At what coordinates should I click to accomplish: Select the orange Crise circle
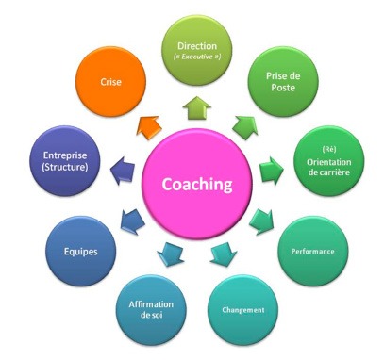[110, 82]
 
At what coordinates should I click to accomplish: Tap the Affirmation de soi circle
[150, 307]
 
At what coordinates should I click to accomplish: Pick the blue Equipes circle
[78, 253]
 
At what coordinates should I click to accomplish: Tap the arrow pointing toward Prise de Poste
[243, 122]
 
